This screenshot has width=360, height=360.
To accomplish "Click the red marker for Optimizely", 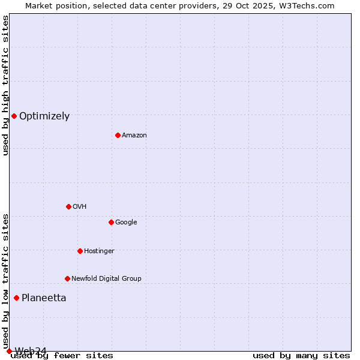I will coord(14,116).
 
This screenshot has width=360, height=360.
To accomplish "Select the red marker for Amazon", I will coord(118,135).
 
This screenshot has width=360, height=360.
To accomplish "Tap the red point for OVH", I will coord(68,206).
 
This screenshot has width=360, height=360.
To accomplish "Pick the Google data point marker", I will coord(111,222).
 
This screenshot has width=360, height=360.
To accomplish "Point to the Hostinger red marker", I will coord(80,251).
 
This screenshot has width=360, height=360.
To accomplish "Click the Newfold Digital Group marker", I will coord(67,278).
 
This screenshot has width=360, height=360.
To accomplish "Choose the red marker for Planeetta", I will coord(16,298).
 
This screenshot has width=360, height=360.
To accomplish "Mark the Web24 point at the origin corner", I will coord(9,351).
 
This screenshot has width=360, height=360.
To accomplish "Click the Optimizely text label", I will coord(44,116).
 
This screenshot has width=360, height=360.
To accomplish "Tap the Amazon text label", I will coord(134,136).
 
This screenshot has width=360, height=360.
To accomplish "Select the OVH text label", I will coord(80,207).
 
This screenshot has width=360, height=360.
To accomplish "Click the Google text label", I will coord(126,223).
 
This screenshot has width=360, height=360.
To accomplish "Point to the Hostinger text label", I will coord(99,251).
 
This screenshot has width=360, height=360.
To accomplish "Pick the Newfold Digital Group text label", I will coord(106,279).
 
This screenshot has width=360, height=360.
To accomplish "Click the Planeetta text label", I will coord(44,298).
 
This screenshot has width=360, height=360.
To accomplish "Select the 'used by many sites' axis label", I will coord(301,356).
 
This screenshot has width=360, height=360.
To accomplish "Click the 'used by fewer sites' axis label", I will coord(62,356).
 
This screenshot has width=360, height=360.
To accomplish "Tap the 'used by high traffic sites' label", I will coord(5,85).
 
